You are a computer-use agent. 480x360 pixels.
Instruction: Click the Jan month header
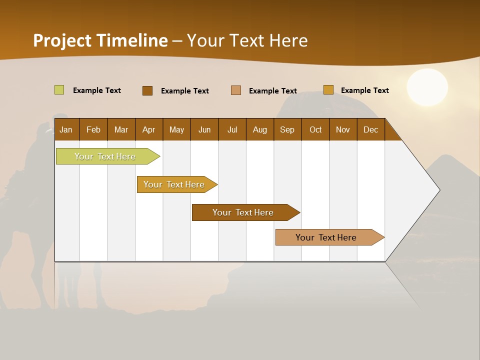pos(66,129)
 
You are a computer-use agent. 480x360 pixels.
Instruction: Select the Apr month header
pos(148,129)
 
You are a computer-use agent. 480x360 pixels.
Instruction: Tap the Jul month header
pos(232,129)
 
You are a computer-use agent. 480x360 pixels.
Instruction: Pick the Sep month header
pos(287,129)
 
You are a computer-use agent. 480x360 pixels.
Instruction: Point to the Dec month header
pos(370,129)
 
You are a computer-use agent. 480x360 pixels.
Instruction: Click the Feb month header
pos(93,129)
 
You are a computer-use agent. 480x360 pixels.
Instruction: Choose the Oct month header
pos(315,129)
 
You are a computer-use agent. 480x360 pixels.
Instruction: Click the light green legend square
pos(59,90)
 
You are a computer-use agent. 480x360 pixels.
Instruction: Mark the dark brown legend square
pos(147,90)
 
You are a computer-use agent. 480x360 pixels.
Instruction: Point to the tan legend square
pos(236,90)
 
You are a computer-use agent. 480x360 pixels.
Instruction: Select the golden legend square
pos(328,90)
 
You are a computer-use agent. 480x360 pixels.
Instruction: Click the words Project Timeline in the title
pos(100,40)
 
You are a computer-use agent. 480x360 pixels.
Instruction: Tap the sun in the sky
pos(427,87)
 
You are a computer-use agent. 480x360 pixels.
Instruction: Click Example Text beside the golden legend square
pos(364,90)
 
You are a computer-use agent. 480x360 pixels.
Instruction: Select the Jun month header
pos(204,129)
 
